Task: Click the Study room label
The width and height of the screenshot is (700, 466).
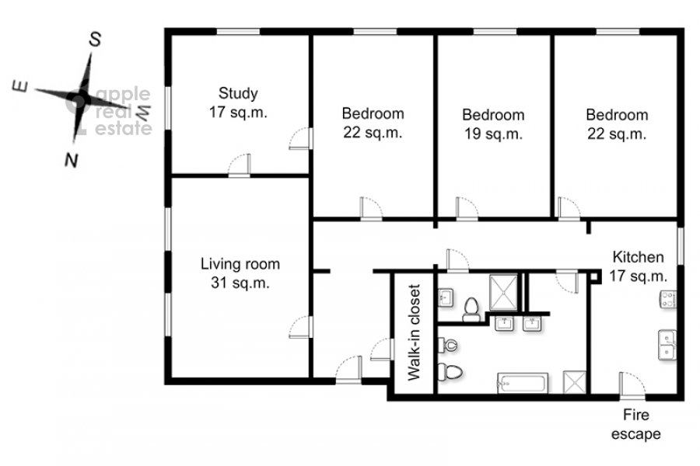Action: (x=238, y=103)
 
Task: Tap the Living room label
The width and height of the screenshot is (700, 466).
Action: (x=240, y=273)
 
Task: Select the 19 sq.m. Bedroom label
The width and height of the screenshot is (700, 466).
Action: (x=493, y=124)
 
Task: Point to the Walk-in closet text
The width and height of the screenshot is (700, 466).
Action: (x=415, y=332)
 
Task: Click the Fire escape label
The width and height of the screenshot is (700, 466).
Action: (x=635, y=424)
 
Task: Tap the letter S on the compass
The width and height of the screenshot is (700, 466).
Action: (x=95, y=40)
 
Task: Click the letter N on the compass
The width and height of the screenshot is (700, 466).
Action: (x=72, y=160)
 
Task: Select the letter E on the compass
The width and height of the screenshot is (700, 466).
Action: (x=20, y=86)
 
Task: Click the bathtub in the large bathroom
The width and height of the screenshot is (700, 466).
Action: (x=523, y=383)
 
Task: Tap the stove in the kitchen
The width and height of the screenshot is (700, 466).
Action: (x=668, y=300)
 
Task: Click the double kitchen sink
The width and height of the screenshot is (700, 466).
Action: (x=667, y=345)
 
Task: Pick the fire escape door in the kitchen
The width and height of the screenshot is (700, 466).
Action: (x=632, y=384)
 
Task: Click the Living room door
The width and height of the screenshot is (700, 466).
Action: (x=300, y=327)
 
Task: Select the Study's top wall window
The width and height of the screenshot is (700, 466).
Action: (x=238, y=31)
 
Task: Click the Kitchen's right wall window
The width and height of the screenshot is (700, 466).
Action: (x=681, y=246)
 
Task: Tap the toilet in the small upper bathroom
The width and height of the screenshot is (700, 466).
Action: (x=471, y=309)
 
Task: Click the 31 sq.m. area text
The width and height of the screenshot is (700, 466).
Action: (x=240, y=283)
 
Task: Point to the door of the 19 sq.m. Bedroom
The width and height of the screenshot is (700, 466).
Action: (x=467, y=209)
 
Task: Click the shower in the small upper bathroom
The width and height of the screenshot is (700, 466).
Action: (x=503, y=293)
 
